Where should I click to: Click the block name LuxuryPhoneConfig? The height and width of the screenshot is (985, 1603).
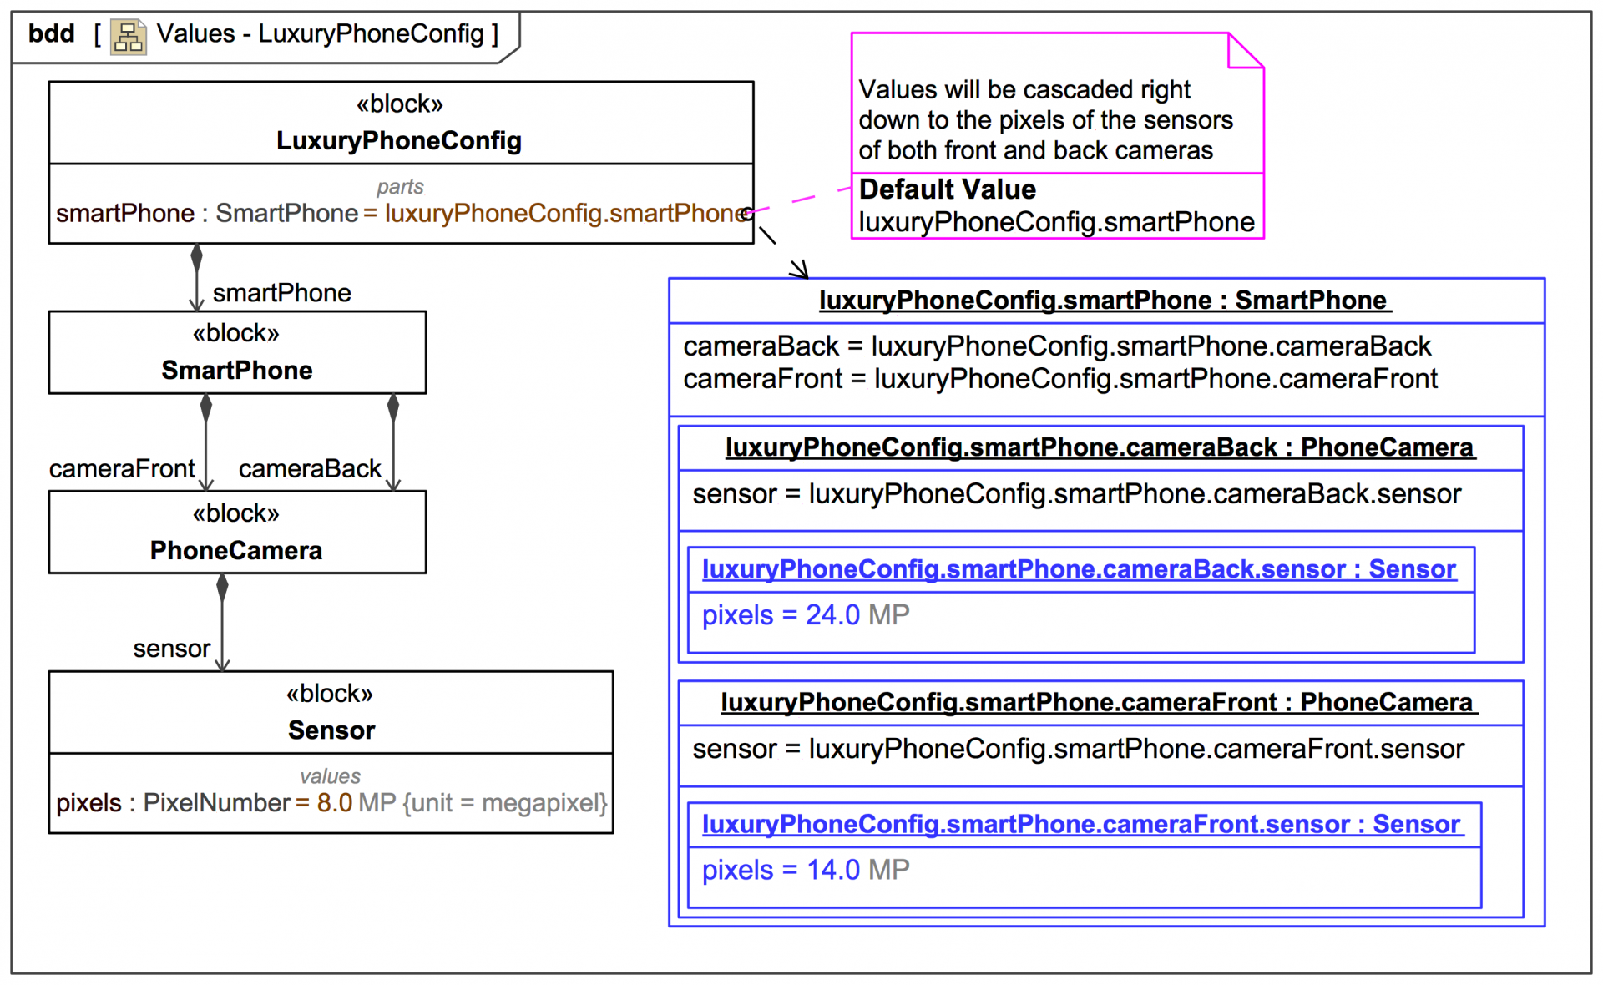pos(399,141)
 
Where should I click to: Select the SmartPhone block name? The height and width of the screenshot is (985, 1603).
pos(237,370)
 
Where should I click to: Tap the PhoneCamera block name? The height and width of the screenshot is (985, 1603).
pos(236,550)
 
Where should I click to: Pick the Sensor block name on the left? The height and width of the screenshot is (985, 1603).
pos(331,730)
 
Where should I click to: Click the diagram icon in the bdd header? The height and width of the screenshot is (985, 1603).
pos(129,37)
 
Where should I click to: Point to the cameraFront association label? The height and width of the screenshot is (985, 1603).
pos(122,469)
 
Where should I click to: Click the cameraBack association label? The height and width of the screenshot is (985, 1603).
pos(310,469)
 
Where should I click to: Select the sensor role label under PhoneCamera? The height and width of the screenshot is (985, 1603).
pos(172,649)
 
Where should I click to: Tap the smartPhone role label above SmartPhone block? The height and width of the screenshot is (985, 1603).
pos(281,293)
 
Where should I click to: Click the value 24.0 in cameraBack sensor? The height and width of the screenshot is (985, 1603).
pos(832,615)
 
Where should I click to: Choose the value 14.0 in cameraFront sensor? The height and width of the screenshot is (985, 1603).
pos(832,870)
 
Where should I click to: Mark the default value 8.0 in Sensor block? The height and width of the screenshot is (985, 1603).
pos(334,803)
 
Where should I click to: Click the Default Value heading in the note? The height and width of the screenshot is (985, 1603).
pos(948,189)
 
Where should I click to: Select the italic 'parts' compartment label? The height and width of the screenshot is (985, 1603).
pos(400,187)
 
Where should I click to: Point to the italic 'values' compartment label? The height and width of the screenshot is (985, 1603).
pos(331,776)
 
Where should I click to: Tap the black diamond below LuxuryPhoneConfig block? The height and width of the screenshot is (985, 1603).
pos(196,256)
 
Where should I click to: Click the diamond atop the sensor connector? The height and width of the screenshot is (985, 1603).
pos(222,586)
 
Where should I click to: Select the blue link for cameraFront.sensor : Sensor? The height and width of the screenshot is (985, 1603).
pos(1081,824)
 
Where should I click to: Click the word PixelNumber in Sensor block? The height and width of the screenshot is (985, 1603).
pos(216,803)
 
